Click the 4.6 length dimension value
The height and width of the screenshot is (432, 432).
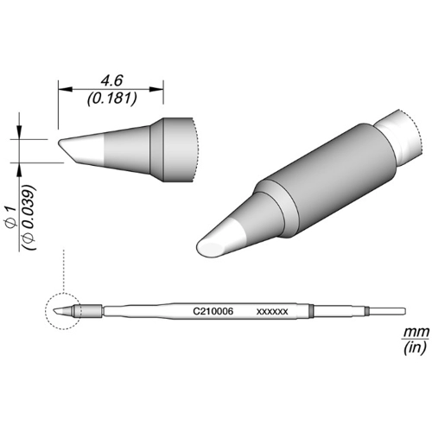coord(111,80)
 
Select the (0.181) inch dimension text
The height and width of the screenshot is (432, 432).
coord(111,98)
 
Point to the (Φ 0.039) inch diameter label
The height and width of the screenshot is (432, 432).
coord(29,218)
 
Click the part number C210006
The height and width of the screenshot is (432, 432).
coord(213,311)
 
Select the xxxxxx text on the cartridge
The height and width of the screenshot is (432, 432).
coord(272,312)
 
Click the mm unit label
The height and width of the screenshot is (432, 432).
coord(416,332)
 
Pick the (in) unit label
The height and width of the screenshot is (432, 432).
coord(415,348)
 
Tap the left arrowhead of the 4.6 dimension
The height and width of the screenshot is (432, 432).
coord(65,89)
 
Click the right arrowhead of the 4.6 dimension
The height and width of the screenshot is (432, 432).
coord(156,89)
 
